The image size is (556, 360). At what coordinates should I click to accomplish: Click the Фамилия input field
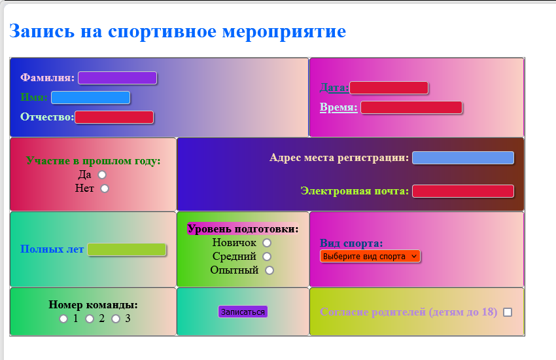(117, 78)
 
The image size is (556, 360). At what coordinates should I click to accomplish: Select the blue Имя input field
(90, 98)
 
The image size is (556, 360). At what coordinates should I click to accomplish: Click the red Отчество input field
(114, 117)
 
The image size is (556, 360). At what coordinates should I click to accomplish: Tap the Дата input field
(389, 88)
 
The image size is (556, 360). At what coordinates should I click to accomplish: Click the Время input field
(411, 107)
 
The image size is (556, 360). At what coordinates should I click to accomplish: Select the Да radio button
(102, 175)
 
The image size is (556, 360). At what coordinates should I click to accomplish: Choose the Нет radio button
(105, 189)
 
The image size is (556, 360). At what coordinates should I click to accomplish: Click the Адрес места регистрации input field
(462, 158)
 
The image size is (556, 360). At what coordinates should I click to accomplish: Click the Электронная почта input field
(462, 191)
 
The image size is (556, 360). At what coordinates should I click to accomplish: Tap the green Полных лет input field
(127, 249)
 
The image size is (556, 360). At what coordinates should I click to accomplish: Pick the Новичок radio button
(267, 243)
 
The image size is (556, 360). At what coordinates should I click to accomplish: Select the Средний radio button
(267, 257)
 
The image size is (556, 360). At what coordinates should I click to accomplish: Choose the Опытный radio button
(269, 270)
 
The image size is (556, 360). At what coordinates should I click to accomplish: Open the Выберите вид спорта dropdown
(370, 257)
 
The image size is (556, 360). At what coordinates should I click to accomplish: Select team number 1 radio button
(63, 319)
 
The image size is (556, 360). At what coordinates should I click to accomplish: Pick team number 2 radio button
(90, 319)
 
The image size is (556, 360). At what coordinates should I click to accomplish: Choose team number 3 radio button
(116, 319)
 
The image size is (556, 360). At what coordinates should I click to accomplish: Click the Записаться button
(243, 312)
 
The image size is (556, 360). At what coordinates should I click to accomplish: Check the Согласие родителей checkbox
(508, 312)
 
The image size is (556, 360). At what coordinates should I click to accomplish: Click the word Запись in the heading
(42, 31)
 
